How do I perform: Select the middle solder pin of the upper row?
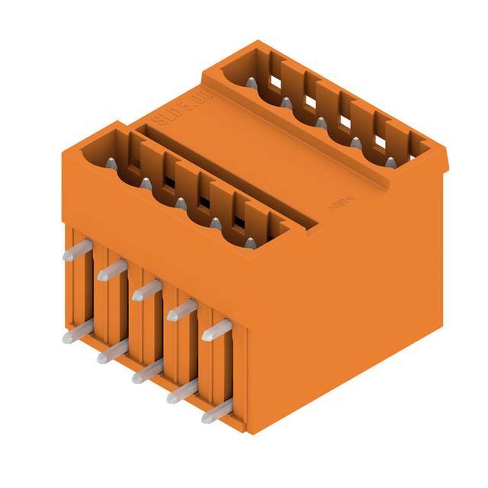pyautogui.click(x=146, y=290)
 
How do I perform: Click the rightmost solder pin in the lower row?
pyautogui.click(x=217, y=411)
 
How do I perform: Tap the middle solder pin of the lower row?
pyautogui.click(x=146, y=371)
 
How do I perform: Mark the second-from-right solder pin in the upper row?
pyautogui.click(x=181, y=310)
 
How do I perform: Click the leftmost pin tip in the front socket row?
pyautogui.click(x=111, y=162)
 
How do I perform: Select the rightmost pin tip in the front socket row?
pyautogui.click(x=250, y=242)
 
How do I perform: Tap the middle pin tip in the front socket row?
pyautogui.click(x=181, y=203)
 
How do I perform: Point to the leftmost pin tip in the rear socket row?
pyautogui.click(x=251, y=82)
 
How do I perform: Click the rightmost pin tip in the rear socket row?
pyautogui.click(x=390, y=162)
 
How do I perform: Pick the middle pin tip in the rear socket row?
pyautogui.click(x=321, y=122)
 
